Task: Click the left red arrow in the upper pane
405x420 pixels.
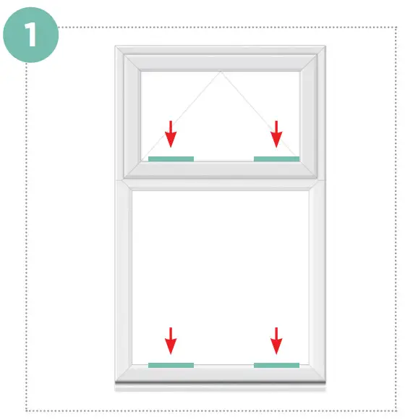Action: [x=170, y=134]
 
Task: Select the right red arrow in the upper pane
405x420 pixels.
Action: [x=276, y=134]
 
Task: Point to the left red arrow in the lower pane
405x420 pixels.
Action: [x=171, y=340]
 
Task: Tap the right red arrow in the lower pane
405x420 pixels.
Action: [x=276, y=340]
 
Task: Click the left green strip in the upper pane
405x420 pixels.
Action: [x=171, y=158]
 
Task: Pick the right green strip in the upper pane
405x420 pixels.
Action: [x=276, y=158]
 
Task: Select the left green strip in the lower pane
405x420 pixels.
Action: [x=171, y=365]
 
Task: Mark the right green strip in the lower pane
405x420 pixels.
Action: [x=276, y=365]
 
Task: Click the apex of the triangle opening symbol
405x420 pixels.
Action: [x=221, y=72]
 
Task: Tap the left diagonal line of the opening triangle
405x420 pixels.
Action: [x=184, y=114]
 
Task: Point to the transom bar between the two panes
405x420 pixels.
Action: [x=221, y=180]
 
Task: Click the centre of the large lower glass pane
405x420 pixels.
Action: [x=221, y=275]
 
